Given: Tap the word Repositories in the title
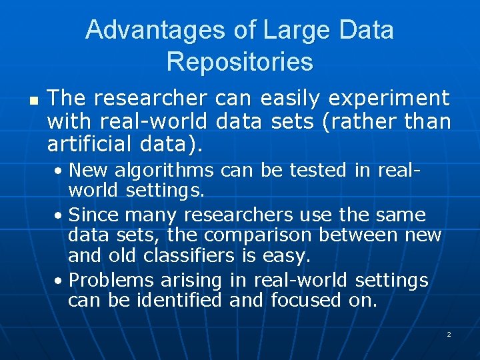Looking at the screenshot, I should (x=239, y=62).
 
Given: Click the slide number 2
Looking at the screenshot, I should (x=449, y=334).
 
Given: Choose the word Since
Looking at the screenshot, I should (x=91, y=215).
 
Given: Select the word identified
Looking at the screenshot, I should (x=179, y=301).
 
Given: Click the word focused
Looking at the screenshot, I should (x=307, y=301).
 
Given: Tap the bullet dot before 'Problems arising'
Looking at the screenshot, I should (x=60, y=281).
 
